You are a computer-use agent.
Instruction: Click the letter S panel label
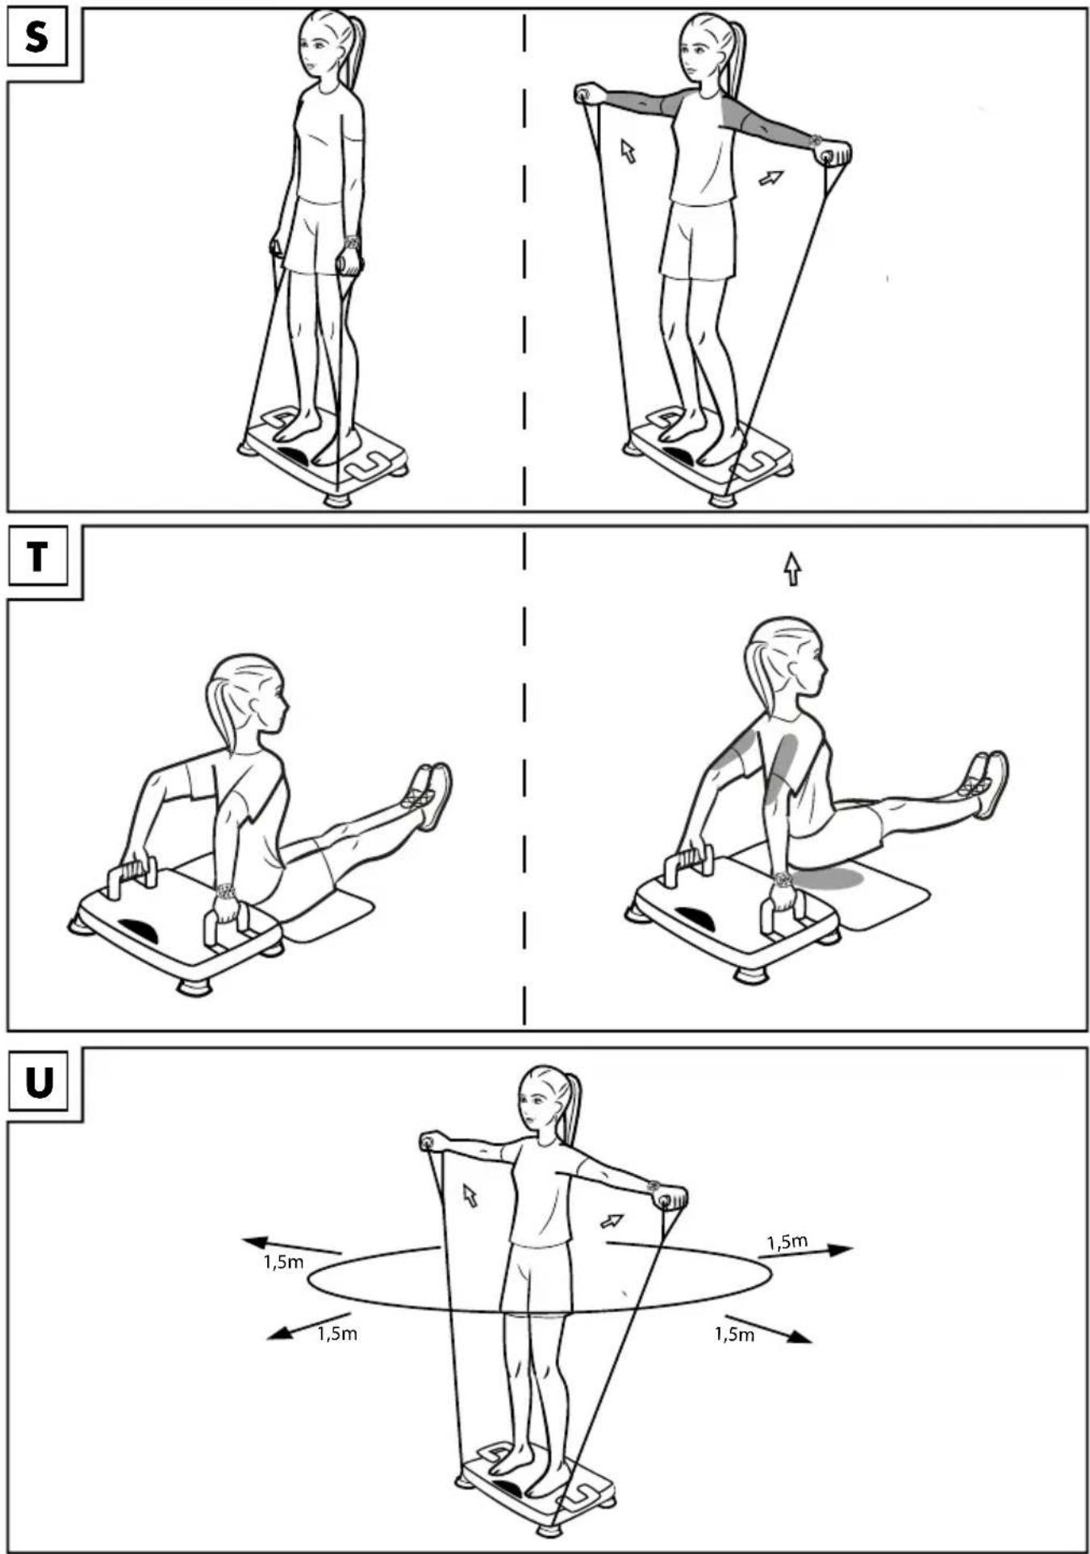pyautogui.click(x=36, y=38)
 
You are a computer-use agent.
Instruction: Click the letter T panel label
pyautogui.click(x=37, y=557)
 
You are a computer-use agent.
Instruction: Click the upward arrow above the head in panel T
pyautogui.click(x=793, y=569)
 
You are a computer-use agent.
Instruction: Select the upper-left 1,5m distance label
pyautogui.click(x=283, y=1262)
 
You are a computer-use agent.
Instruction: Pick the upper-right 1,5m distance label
pyautogui.click(x=787, y=1242)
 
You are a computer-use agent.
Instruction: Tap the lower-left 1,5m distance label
pyautogui.click(x=337, y=1334)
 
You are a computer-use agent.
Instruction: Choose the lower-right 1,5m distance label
pyautogui.click(x=734, y=1335)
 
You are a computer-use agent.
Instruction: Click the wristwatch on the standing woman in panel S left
pyautogui.click(x=351, y=241)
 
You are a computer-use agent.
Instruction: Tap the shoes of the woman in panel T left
pyautogui.click(x=429, y=794)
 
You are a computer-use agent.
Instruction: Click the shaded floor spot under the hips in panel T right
pyautogui.click(x=827, y=878)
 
